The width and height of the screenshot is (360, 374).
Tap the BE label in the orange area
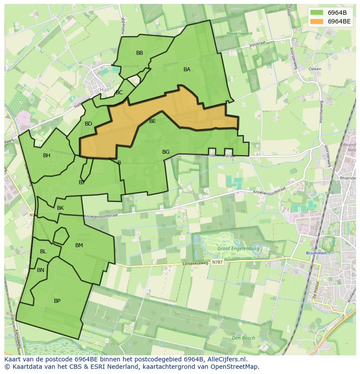[152, 121]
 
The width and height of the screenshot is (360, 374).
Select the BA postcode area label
[187, 70]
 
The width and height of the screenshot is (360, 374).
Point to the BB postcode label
[140, 53]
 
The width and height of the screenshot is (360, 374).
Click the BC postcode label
[119, 93]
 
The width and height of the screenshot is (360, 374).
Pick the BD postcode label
[88, 124]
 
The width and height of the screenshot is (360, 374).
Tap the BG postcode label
[166, 152]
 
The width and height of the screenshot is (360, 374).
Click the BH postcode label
[47, 156]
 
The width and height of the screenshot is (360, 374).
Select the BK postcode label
[60, 208]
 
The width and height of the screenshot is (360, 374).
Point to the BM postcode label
[79, 245]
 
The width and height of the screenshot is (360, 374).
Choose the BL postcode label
[43, 252]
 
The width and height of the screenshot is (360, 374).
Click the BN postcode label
[40, 270]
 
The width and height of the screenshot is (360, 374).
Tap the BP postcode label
[57, 301]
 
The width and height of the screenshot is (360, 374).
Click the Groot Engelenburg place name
[238, 249]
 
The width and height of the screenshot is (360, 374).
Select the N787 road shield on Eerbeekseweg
[217, 262]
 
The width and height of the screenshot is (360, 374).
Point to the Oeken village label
[314, 69]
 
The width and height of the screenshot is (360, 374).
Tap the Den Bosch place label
[243, 338]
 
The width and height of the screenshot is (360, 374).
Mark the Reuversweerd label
[239, 33]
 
